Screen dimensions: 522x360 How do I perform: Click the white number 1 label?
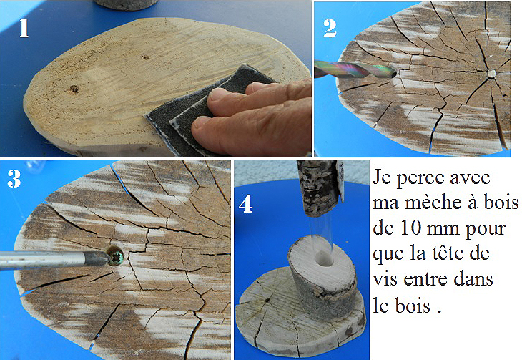point(24,28)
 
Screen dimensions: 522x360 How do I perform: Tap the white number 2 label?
point(330,29)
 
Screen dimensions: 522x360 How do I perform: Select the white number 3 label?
point(14,179)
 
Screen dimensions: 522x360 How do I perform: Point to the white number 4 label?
point(246,204)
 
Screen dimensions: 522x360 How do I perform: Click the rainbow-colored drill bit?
point(355,69)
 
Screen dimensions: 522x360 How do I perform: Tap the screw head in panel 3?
point(116,256)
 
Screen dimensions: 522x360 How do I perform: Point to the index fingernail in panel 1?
point(217,94)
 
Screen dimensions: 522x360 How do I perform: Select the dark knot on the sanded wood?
point(74,89)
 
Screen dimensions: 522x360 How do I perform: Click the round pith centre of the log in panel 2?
point(492,73)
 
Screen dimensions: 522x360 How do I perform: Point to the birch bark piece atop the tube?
point(320,188)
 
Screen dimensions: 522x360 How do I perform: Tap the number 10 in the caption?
point(411,228)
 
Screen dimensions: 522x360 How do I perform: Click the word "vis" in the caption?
point(385,279)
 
